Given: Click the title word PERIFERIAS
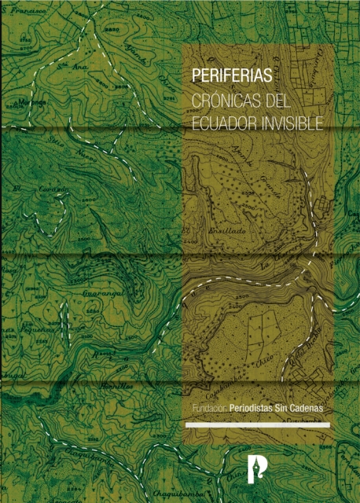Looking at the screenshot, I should (233, 77).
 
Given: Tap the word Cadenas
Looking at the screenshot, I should (307, 409).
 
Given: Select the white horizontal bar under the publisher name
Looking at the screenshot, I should (257, 425).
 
